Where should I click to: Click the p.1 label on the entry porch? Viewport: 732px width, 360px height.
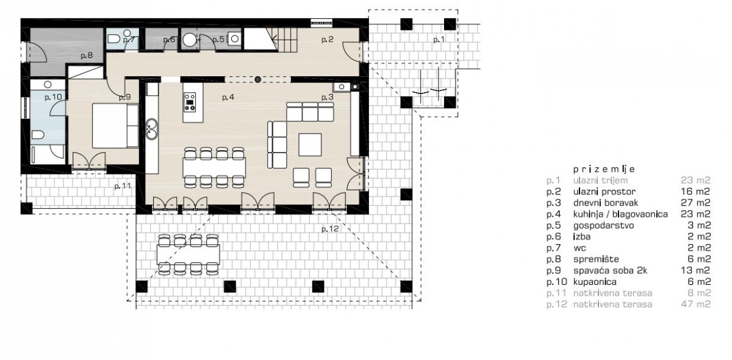[439, 40]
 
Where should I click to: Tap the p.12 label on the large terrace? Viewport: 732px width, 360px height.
[330, 229]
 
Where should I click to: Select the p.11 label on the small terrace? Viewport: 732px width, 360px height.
[123, 186]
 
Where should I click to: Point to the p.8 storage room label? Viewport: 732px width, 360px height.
[87, 56]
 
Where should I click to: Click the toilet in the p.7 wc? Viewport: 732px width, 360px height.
[113, 39]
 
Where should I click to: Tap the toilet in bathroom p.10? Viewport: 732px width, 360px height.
[38, 135]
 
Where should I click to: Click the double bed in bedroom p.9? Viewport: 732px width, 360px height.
[115, 126]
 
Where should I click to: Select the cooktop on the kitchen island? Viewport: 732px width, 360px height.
[190, 102]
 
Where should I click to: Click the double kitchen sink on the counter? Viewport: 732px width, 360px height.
[151, 129]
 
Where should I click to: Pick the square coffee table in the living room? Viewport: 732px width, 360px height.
[310, 145]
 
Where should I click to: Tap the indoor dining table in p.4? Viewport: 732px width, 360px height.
[214, 167]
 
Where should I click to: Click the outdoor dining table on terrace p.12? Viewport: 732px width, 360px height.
[188, 254]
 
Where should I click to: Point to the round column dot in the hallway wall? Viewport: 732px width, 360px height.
[258, 79]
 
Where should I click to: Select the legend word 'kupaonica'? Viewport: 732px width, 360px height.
[595, 282]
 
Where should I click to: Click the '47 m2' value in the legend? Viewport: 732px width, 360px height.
[696, 304]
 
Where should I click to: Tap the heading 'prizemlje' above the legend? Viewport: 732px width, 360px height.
[604, 170]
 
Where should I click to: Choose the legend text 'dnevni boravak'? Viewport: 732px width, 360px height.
[606, 203]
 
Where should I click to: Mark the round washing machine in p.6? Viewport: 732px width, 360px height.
[189, 40]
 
